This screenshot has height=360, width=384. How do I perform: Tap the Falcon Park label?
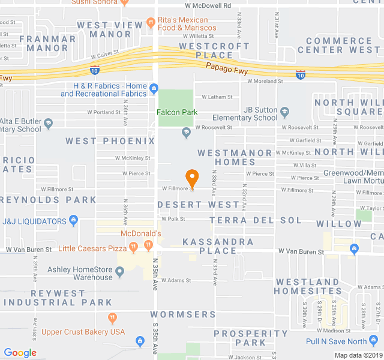point(177,112)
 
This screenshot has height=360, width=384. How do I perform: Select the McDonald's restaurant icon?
point(147,244)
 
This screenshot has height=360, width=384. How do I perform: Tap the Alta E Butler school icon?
point(49,124)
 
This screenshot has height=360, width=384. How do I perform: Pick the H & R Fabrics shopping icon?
point(154,90)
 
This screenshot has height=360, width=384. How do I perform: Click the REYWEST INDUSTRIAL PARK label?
point(56,298)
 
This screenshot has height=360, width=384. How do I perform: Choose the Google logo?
point(20,353)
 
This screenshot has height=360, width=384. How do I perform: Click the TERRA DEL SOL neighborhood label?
point(256,220)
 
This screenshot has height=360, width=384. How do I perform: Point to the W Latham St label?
point(217,97)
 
